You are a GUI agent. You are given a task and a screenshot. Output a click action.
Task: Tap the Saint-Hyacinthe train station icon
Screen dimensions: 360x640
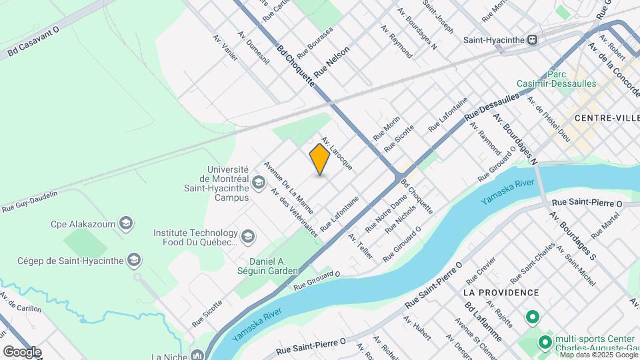[532, 39]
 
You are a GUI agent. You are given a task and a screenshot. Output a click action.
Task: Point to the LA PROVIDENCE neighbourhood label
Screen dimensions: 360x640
[501, 293]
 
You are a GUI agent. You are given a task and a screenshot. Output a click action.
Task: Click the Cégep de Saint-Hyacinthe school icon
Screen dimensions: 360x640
[135, 260]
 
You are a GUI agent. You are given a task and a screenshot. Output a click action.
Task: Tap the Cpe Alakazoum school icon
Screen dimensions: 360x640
[125, 223]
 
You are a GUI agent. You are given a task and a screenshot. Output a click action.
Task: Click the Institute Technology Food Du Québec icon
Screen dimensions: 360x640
[248, 237]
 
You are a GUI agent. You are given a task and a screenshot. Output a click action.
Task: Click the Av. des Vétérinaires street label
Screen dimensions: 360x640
[293, 211]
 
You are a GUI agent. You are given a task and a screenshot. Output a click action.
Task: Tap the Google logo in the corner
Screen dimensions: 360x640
[21, 351]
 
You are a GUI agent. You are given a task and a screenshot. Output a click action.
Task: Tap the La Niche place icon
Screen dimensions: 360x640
[197, 355]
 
